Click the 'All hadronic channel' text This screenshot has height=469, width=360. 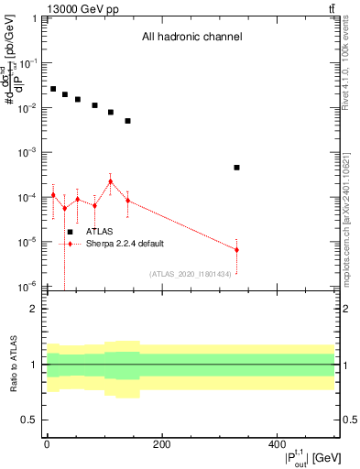pos(191,38)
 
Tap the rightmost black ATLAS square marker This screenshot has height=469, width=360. pos(236,168)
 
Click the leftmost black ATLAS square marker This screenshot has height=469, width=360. pos(53,89)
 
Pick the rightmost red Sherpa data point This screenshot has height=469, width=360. pos(236,250)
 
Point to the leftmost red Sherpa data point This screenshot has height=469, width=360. pos(53,194)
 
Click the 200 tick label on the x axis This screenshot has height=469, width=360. pos(161,445)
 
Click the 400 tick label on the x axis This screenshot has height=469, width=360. pos(277,445)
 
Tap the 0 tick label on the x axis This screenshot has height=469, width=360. pos(47,445)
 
